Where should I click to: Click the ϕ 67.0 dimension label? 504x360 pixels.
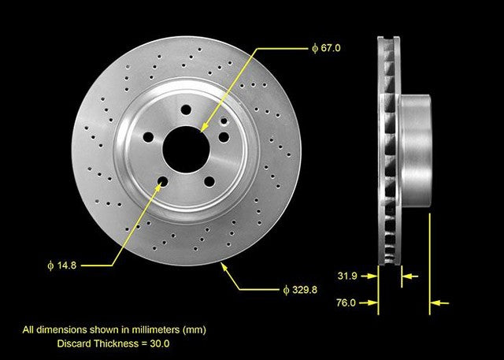pos(326,48)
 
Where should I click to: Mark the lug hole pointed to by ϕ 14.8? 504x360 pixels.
pos(163,184)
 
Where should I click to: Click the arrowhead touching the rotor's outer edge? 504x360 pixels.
pos(225,268)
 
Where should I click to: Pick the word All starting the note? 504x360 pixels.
pos(28,330)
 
